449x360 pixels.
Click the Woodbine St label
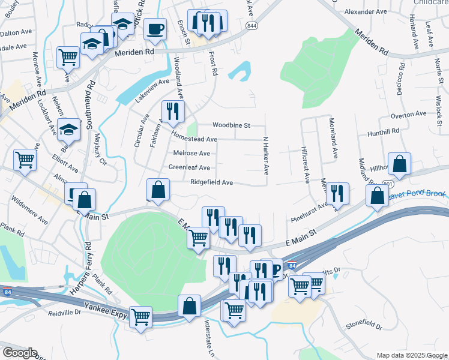pos(231,125)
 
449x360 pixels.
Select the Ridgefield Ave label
pos(211,182)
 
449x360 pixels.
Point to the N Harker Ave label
pos(265,155)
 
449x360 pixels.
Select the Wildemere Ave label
pos(29,208)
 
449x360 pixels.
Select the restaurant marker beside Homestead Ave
pos(172,110)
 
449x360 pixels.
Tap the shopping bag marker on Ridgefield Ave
pos(157,190)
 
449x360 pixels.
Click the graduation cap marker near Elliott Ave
pos(68,129)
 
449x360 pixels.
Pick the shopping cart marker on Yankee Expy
pos(141,316)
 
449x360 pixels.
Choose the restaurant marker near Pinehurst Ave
pos(337,193)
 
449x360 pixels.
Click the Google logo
pos(19,353)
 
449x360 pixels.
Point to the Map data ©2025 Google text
pos(412,355)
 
